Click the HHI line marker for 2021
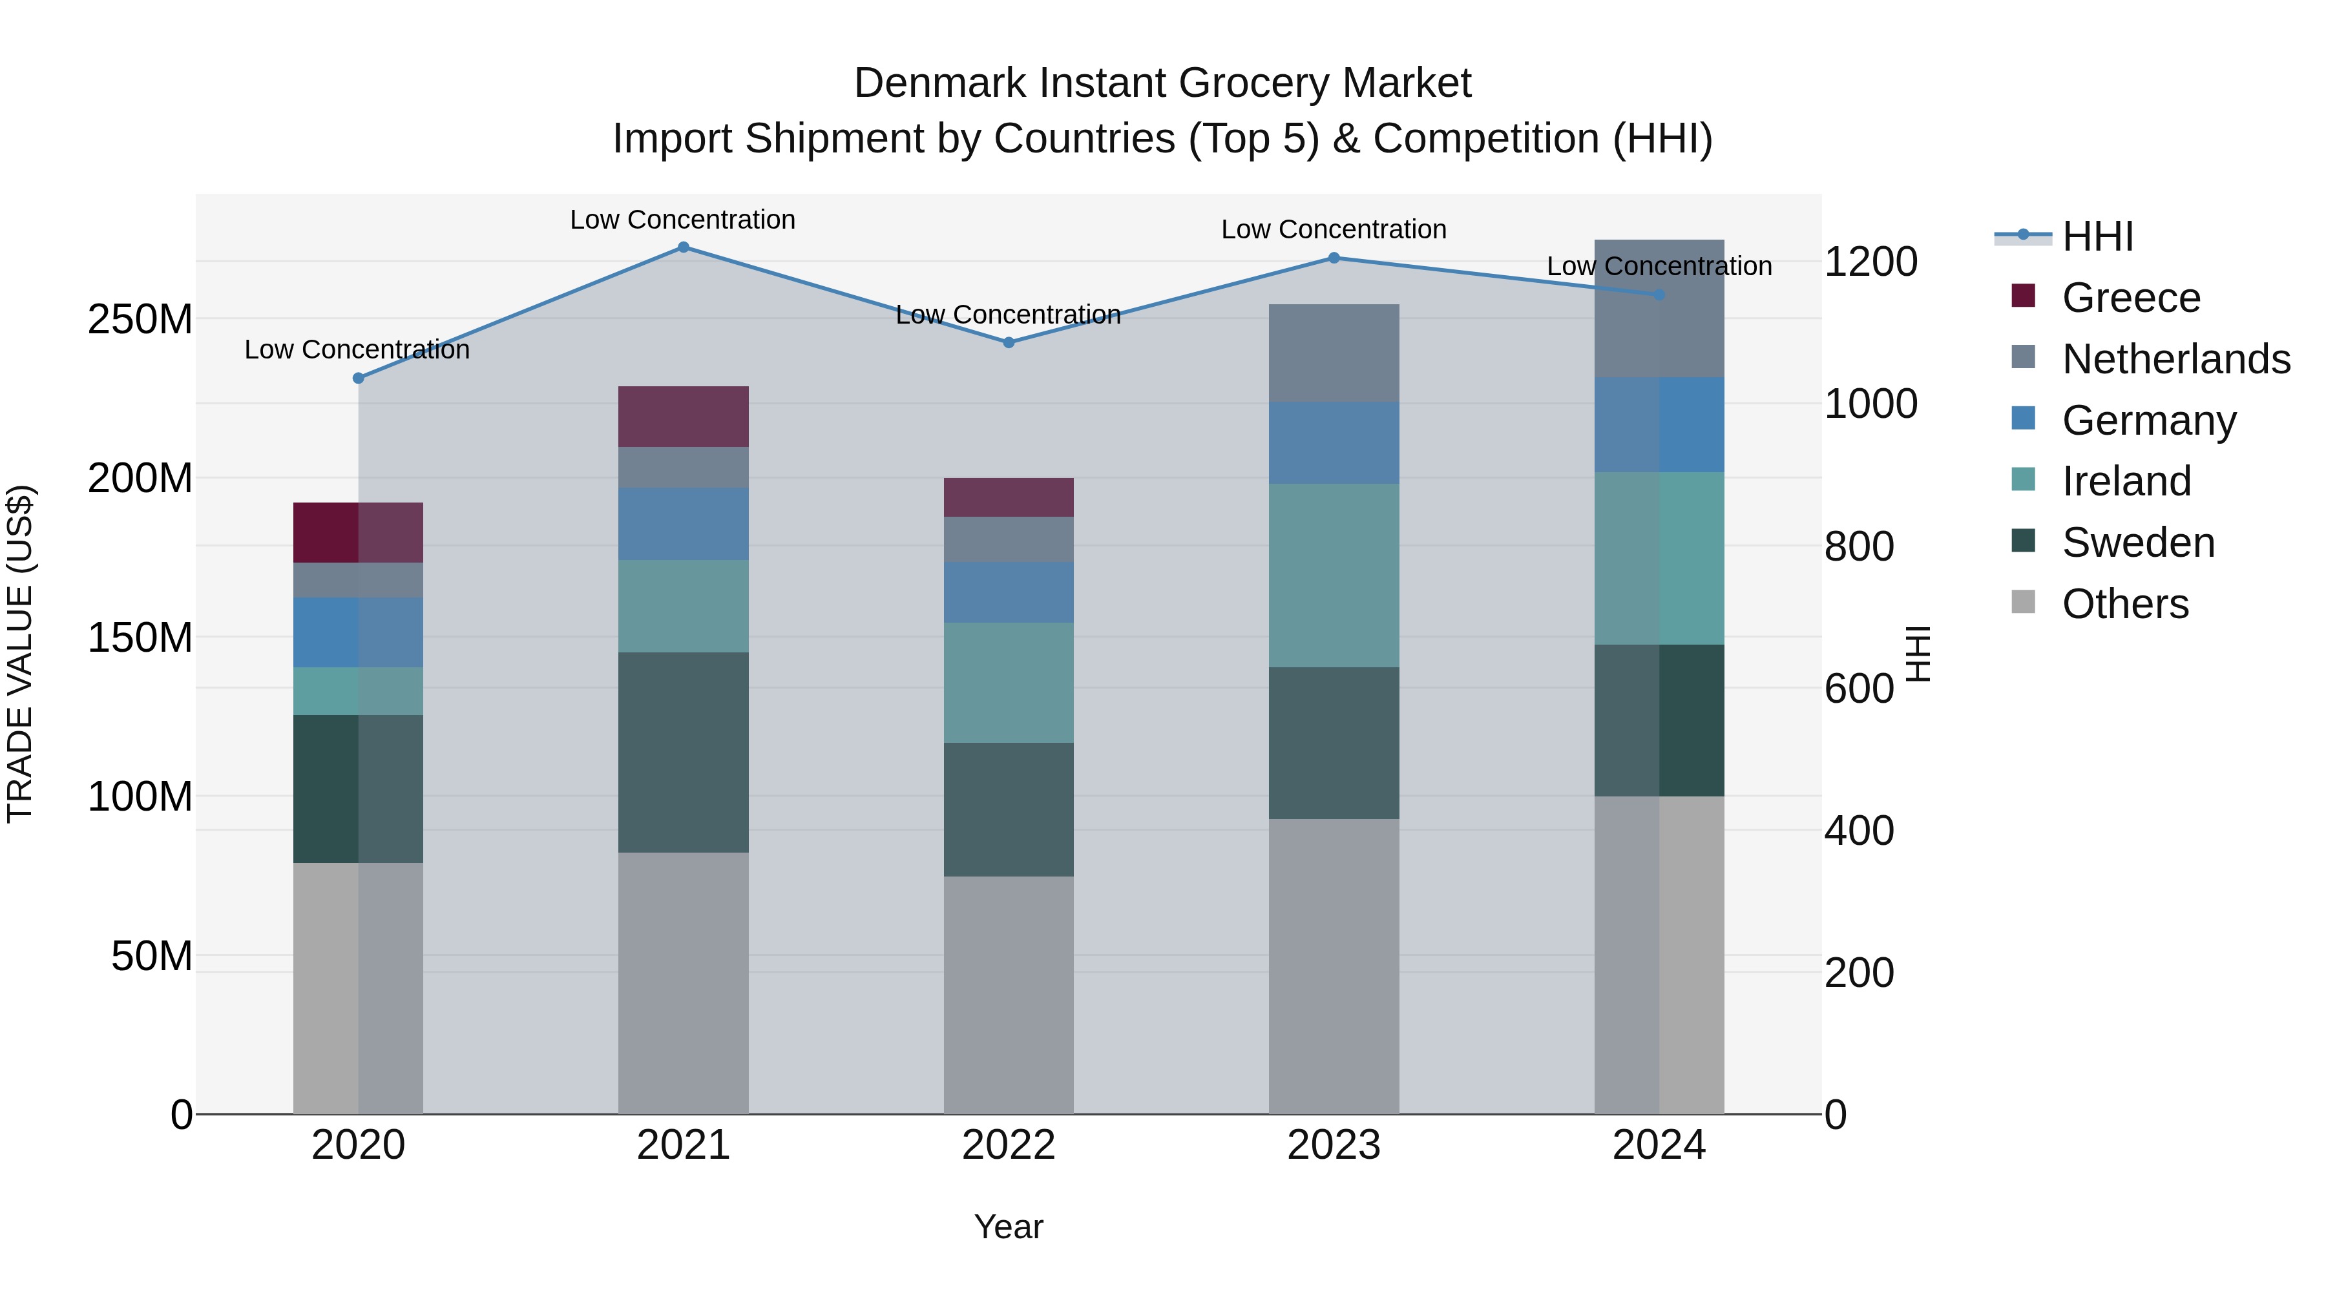click(683, 247)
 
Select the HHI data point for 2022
click(1009, 342)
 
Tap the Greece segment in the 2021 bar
click(683, 416)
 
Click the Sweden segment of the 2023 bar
click(1334, 743)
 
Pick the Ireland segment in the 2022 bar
click(1009, 683)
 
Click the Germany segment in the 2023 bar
click(1334, 442)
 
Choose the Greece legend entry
click(2131, 298)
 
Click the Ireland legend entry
click(2126, 481)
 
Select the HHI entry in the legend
click(2097, 236)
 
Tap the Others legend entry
click(2124, 604)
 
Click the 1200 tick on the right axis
click(1870, 262)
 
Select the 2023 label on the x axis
click(1334, 1145)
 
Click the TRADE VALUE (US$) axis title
click(20, 654)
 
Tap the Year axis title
click(1008, 1227)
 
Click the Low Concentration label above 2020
click(357, 349)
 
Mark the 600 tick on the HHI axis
click(1858, 689)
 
